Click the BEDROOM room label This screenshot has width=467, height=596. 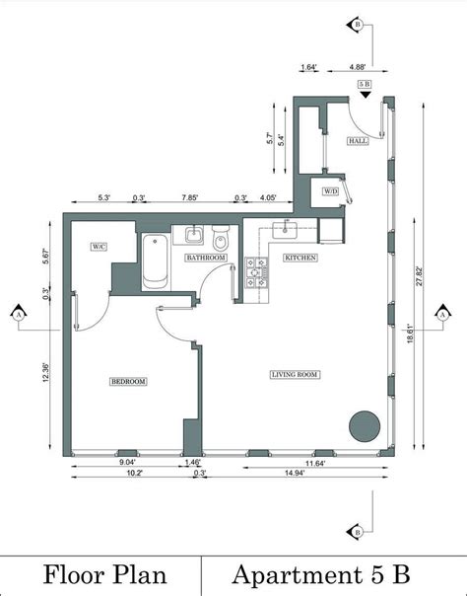pyautogui.click(x=128, y=382)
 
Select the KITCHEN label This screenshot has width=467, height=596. pyautogui.click(x=300, y=258)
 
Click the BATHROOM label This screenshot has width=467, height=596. pyautogui.click(x=207, y=258)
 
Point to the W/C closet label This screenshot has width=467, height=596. pyautogui.click(x=99, y=246)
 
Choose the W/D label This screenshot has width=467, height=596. pyautogui.click(x=330, y=191)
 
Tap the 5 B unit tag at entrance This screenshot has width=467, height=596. pyautogui.click(x=364, y=86)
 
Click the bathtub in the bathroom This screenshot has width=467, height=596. pyautogui.click(x=155, y=262)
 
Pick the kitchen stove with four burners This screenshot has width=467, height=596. pyautogui.click(x=256, y=273)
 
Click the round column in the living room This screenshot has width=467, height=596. pyautogui.click(x=364, y=425)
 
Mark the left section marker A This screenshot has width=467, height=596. pyautogui.click(x=18, y=314)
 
